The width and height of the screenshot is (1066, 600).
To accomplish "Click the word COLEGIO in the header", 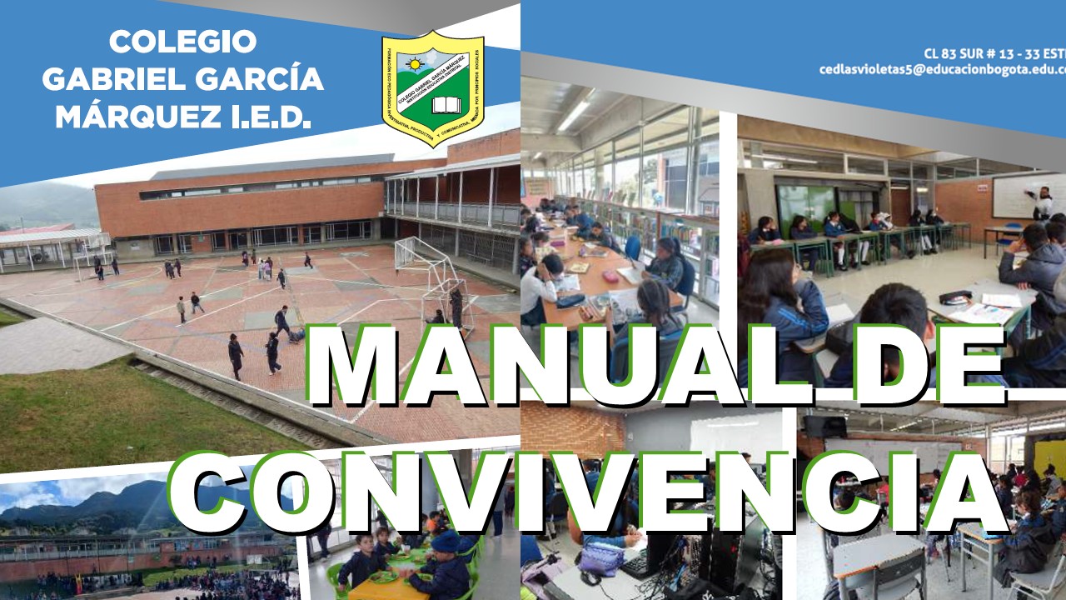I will [182, 42].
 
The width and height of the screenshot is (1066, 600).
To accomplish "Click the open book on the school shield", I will [446, 106].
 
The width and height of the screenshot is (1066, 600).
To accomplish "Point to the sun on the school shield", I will [414, 63].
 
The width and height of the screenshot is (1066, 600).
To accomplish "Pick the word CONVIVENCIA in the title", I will [583, 496].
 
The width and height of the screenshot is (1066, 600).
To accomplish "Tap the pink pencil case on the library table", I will [610, 276].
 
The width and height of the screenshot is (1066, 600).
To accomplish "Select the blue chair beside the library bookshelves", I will [633, 247].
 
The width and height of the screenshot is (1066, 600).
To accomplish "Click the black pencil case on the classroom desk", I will [955, 297].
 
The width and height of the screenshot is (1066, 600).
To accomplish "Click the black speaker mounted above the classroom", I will [824, 427].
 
